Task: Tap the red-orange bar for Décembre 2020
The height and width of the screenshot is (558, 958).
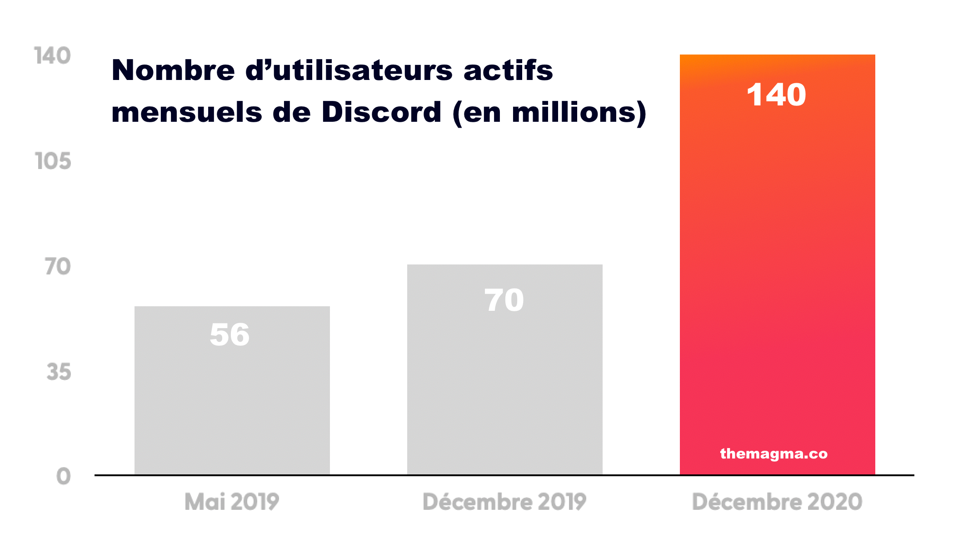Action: (x=777, y=273)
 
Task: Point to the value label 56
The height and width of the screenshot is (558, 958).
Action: (x=230, y=335)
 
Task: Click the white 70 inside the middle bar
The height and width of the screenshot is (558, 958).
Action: (x=504, y=300)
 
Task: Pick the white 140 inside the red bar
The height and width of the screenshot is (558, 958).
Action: (x=776, y=95)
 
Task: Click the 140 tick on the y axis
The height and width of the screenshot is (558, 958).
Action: (x=53, y=56)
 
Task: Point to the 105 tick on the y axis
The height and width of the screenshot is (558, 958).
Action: (x=53, y=161)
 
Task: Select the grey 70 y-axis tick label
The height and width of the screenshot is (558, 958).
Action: (x=58, y=267)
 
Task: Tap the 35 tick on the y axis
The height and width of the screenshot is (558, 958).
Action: (x=59, y=372)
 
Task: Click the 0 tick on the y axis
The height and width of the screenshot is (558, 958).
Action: (x=64, y=477)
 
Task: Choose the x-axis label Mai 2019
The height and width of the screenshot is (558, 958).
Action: (x=232, y=502)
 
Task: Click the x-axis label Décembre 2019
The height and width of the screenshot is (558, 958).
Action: (x=504, y=502)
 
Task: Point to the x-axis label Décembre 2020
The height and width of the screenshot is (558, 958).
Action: (x=777, y=502)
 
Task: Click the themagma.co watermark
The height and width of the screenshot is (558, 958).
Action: (x=774, y=453)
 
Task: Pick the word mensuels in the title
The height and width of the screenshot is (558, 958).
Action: (x=187, y=113)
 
